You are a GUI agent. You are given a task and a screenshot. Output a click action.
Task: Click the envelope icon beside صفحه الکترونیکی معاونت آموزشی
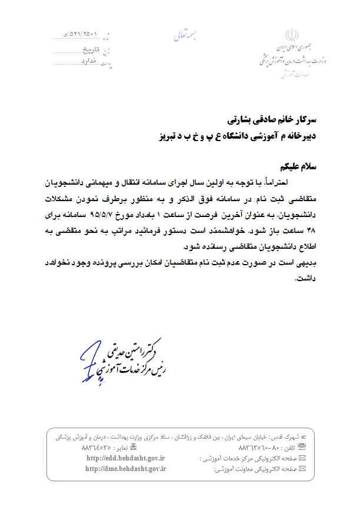302,469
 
